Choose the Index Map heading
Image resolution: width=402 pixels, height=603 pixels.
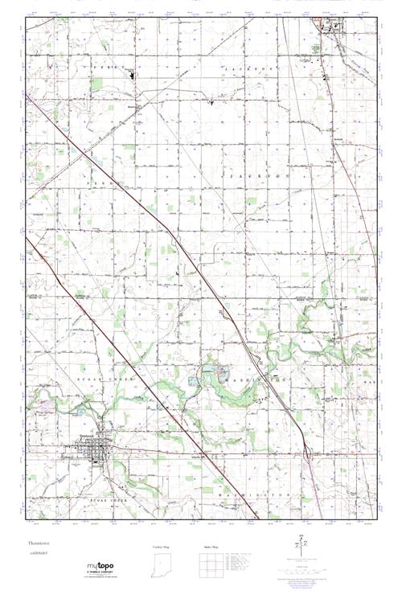click(211, 547)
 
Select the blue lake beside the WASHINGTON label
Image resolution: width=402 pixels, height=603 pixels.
click(203, 373)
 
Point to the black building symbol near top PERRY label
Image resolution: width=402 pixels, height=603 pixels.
click(133, 77)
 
